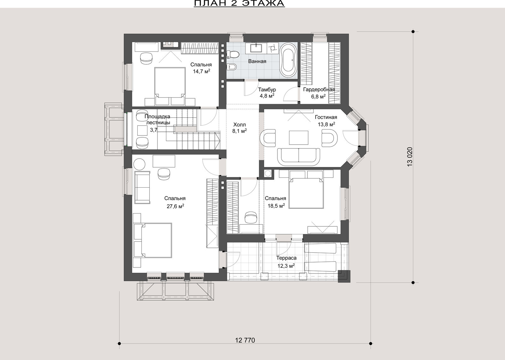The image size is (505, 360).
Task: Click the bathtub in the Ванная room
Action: coord(288,60)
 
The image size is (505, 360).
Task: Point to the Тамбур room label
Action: coord(267,90)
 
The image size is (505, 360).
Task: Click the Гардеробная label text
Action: coord(319,90)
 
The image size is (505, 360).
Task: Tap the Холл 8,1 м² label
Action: coord(240,128)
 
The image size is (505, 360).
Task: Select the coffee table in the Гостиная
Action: coord(299,138)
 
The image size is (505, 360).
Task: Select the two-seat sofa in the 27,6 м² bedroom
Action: coord(142,187)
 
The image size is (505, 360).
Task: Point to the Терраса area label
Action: coord(286,258)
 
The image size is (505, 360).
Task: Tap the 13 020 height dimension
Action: coord(410,157)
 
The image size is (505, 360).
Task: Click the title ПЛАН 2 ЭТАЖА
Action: coord(239,3)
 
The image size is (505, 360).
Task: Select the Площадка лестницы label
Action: coord(157,120)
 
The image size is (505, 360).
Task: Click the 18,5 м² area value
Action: coord(276,206)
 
